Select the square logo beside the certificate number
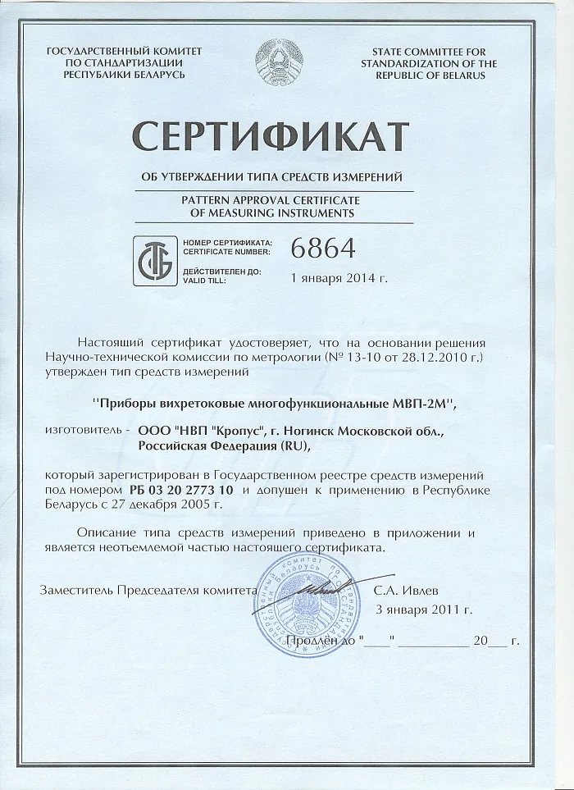(154, 259)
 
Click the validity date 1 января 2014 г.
(339, 277)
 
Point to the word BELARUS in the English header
(457, 75)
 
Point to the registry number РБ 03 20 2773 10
(182, 490)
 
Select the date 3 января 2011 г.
(423, 609)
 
